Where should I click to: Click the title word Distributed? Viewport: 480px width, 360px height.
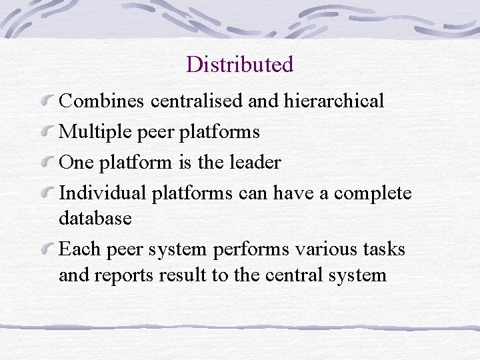tap(239, 65)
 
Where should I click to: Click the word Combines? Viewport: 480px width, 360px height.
tap(102, 101)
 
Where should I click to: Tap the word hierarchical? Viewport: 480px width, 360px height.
tap(334, 101)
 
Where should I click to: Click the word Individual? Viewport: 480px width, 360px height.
tap(103, 193)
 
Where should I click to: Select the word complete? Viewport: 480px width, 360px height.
tap(373, 193)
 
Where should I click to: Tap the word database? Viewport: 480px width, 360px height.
tap(95, 218)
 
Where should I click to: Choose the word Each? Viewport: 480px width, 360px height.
tap(79, 249)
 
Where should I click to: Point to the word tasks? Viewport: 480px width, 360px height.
tap(385, 249)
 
